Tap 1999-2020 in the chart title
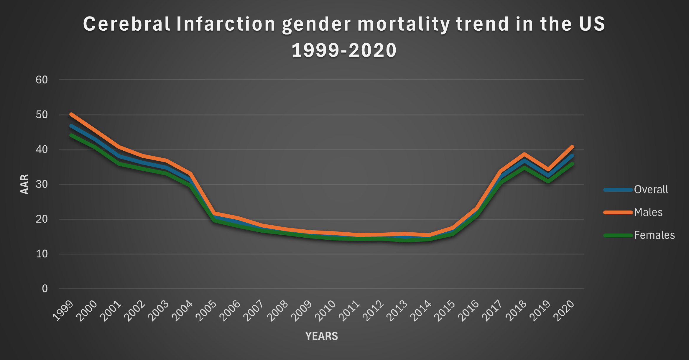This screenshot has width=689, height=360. tap(344, 50)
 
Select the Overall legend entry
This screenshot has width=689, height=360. tap(651, 190)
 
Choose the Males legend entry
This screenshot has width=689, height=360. tap(648, 212)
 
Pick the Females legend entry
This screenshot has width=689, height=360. tap(654, 235)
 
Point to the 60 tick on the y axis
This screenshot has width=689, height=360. tap(42, 80)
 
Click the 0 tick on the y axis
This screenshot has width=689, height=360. tap(45, 289)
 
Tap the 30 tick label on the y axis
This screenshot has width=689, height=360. tap(42, 184)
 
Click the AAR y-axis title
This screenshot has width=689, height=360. tap(25, 184)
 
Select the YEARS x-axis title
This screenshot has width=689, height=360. tap(321, 336)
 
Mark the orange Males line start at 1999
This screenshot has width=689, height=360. tap(71, 114)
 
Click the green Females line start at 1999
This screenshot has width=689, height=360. tap(71, 135)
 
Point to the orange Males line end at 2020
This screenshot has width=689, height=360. tap(572, 147)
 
